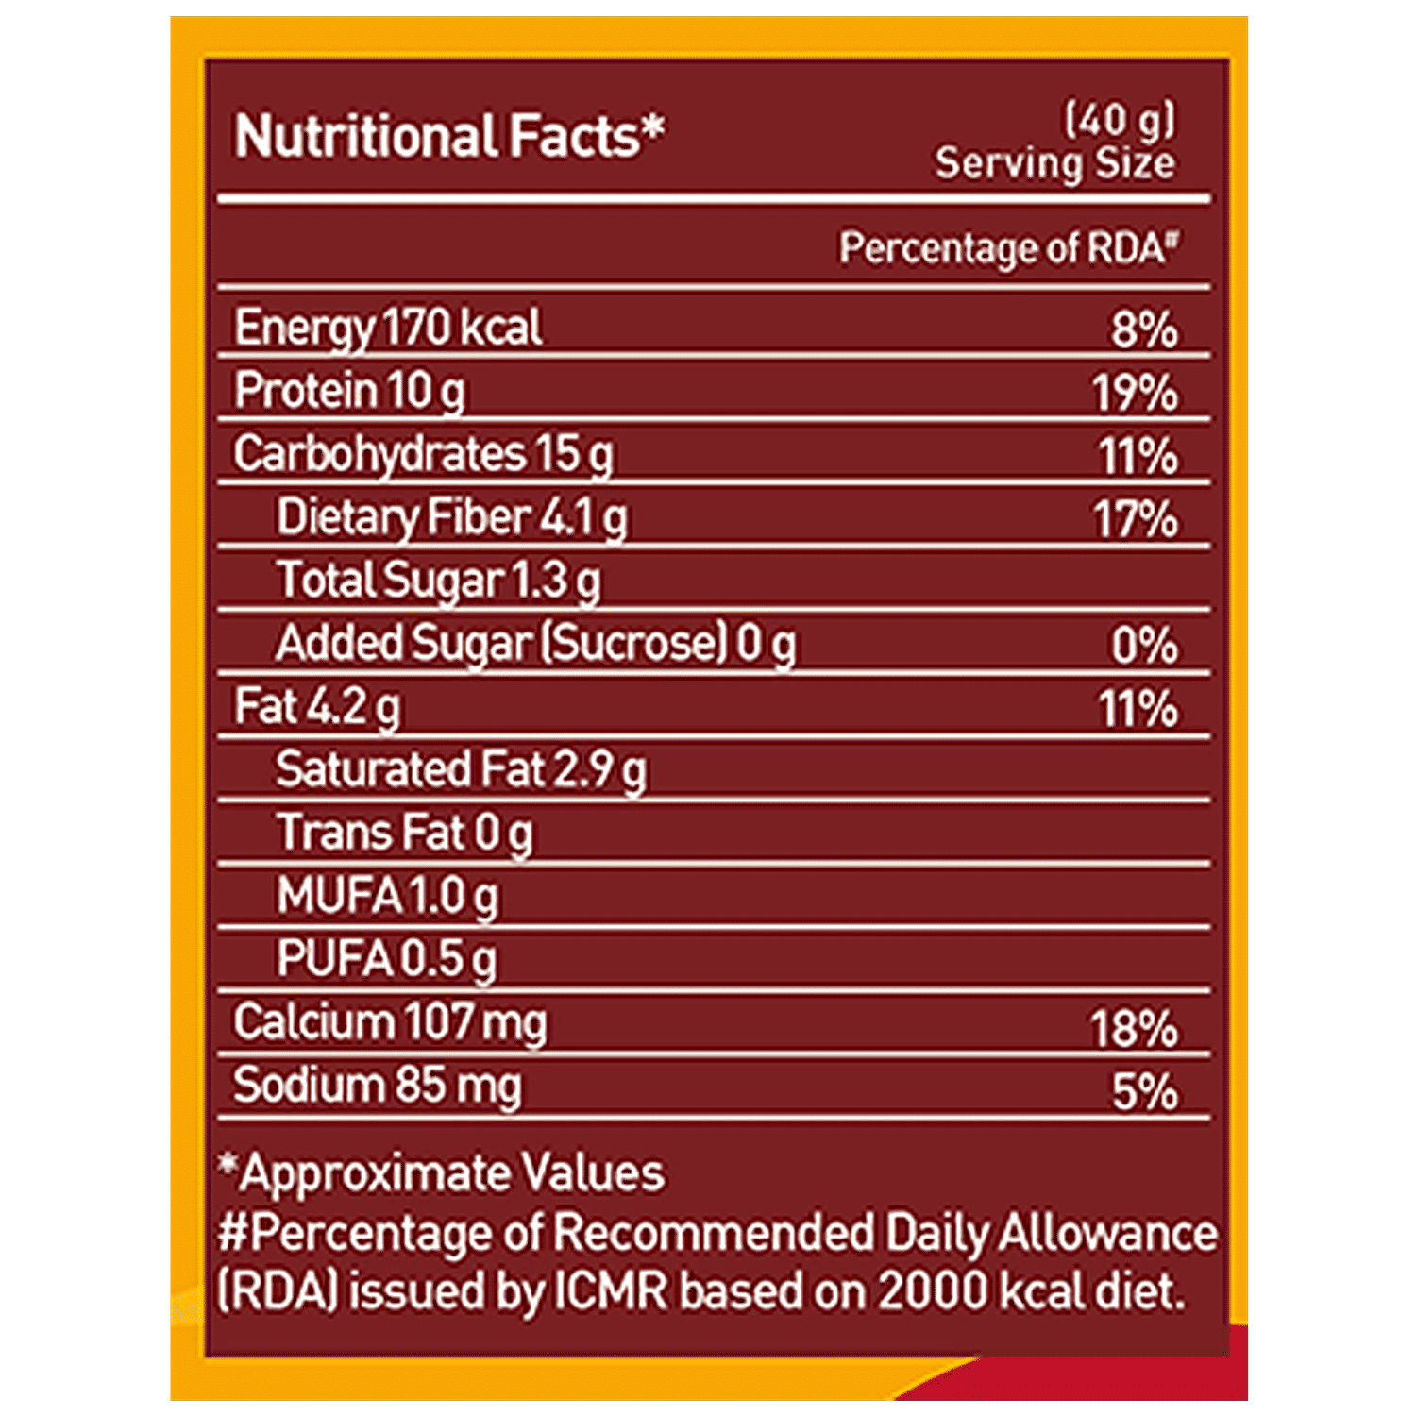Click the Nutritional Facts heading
(448, 137)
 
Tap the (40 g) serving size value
(1120, 120)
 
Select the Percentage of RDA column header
(1008, 248)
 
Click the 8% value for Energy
(1144, 330)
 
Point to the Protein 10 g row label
(349, 392)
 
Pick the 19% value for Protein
(1136, 394)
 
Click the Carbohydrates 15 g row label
(423, 455)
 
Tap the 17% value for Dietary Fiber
(1136, 520)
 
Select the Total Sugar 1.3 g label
(438, 582)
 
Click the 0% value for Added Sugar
(1144, 647)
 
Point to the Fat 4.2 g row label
(317, 708)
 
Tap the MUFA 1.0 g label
(387, 897)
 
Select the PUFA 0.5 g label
(386, 960)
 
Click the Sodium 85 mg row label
(377, 1087)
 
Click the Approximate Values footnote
(442, 1173)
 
